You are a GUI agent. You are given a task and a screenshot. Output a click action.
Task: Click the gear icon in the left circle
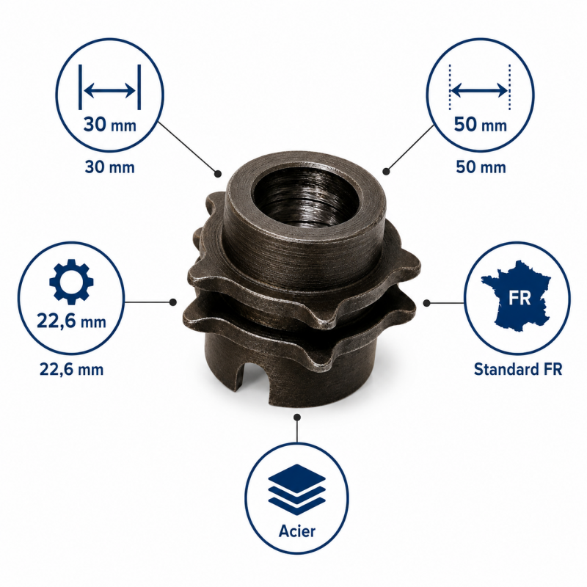[x=71, y=282]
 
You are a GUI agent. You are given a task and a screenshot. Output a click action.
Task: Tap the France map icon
[x=516, y=296]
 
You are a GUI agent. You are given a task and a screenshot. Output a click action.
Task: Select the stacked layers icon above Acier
[x=297, y=489]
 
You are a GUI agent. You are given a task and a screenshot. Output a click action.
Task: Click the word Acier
[x=297, y=531]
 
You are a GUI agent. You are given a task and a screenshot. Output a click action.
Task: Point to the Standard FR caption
[x=518, y=369]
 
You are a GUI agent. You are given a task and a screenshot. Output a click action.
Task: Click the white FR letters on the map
[x=519, y=298]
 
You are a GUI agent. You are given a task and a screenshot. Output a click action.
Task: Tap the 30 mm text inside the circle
[x=109, y=125]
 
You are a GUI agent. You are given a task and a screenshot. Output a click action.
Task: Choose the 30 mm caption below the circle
[x=109, y=167]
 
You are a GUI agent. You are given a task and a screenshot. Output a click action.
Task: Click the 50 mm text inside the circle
[x=481, y=125]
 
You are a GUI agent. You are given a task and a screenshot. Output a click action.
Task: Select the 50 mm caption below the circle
[x=481, y=167]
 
